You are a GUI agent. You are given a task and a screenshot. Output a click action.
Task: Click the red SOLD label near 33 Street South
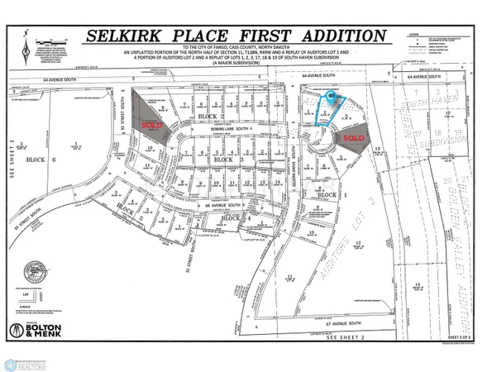pos(151,125)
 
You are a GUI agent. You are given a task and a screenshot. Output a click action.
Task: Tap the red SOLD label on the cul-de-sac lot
pos(354,137)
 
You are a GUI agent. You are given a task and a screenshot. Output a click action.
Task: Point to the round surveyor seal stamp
pos(36,270)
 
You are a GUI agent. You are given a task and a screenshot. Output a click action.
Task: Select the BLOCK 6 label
pos(36,160)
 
